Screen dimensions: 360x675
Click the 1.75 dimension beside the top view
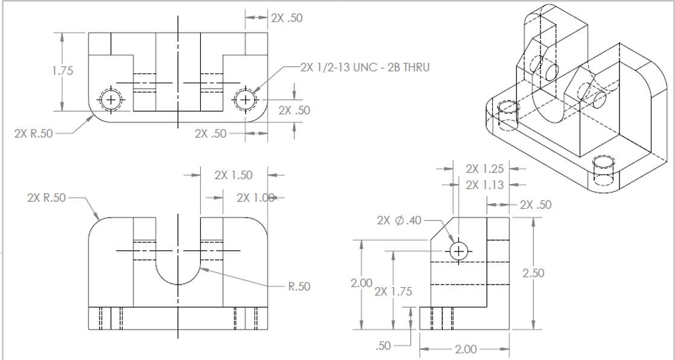[x=63, y=71]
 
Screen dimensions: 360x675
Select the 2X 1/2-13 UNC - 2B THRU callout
[x=365, y=67]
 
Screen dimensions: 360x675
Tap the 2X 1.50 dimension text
[x=233, y=175]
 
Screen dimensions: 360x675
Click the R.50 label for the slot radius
[x=299, y=286]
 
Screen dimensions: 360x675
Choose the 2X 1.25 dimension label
[x=484, y=169]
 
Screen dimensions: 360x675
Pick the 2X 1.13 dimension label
[x=484, y=185]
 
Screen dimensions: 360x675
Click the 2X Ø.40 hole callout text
[x=399, y=221]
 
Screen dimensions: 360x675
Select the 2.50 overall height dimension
[x=533, y=273]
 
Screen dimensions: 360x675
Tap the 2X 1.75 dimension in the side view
[x=393, y=292]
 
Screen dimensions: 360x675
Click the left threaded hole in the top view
[x=111, y=99]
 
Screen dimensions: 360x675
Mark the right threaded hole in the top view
[x=245, y=99]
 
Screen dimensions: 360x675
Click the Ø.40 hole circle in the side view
[x=458, y=251]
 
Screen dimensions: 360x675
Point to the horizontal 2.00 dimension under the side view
[x=465, y=349]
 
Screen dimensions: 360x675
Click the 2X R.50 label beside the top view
[x=33, y=134]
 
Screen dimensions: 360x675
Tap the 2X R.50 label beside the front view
[x=46, y=198]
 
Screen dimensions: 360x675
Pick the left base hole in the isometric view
[x=508, y=108]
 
